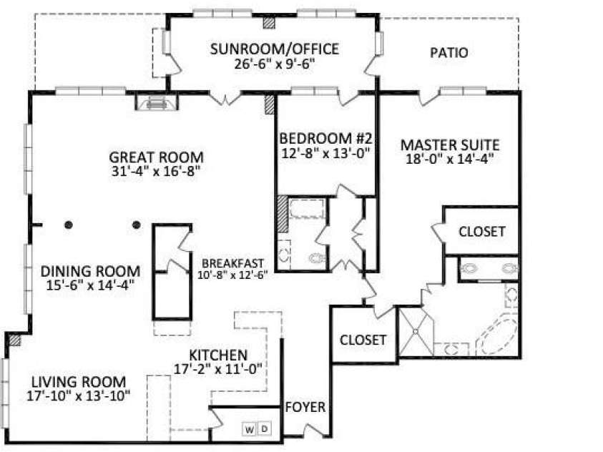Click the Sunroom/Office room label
click(275, 49)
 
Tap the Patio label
click(448, 53)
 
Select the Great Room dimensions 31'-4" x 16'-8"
click(157, 171)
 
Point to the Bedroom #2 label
click(325, 137)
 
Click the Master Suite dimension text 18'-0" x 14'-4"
click(449, 159)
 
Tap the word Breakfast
click(232, 263)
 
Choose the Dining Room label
click(90, 271)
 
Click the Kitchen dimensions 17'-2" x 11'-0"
click(218, 369)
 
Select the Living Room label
click(79, 382)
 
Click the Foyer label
click(305, 407)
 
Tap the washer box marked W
click(249, 430)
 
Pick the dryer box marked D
click(264, 428)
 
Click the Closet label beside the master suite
click(482, 232)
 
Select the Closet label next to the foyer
click(363, 340)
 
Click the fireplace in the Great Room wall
click(157, 103)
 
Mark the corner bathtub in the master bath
click(497, 335)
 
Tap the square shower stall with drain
click(416, 331)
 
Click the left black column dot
click(69, 225)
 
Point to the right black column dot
click(136, 225)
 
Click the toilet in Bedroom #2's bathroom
click(318, 258)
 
